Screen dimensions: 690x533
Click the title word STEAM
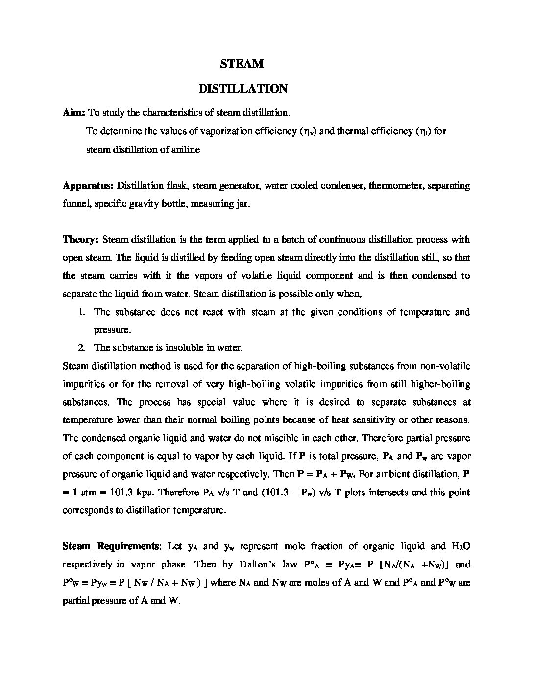pyautogui.click(x=242, y=64)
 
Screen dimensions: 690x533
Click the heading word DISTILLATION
pyautogui.click(x=243, y=89)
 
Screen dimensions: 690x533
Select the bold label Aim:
pyautogui.click(x=74, y=113)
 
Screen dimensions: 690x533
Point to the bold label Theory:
pyautogui.click(x=81, y=240)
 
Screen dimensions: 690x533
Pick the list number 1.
pyautogui.click(x=82, y=312)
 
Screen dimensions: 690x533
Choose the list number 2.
pyautogui.click(x=82, y=348)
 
